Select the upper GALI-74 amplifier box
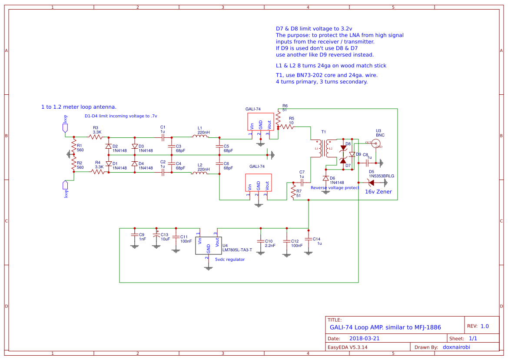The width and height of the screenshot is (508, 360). tap(260, 121)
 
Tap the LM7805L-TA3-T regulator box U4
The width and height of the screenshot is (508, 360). tap(208, 246)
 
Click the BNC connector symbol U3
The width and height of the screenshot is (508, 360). tap(375, 143)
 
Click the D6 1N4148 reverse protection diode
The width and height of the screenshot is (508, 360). tap(325, 178)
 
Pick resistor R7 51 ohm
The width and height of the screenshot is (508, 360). tap(293, 190)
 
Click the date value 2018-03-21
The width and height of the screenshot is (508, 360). tap(364, 338)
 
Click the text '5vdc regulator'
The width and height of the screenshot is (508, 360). tap(230, 260)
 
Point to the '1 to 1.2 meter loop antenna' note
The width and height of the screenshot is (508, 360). tap(79, 107)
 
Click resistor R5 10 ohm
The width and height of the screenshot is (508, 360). tap(286, 127)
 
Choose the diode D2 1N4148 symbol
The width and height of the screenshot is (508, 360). tap(108, 147)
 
